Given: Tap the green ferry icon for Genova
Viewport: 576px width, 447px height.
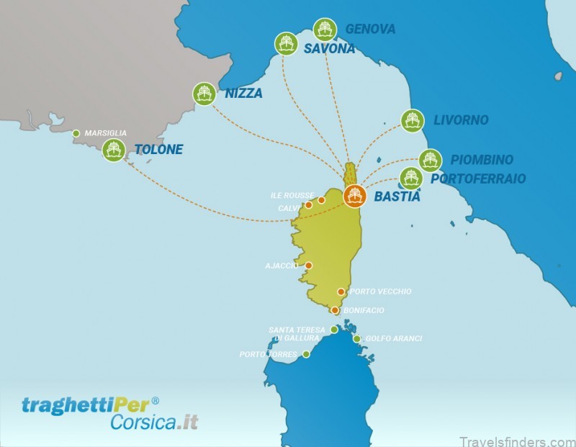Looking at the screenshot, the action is pos(325,30).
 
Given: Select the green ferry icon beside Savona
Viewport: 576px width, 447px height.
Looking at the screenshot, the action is pos(286,43).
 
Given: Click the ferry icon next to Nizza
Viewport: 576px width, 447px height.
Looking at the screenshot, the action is pos(204,94).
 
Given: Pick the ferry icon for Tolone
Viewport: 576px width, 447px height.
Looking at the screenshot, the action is pos(113,150).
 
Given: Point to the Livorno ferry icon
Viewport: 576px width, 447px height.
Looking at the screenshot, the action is pos(412,120).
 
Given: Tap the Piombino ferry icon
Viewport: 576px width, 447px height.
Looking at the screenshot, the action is pos(430,160).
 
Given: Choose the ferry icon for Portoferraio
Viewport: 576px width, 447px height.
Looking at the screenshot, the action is pos(410,178).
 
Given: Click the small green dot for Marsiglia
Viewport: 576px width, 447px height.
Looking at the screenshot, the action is pos(76,133).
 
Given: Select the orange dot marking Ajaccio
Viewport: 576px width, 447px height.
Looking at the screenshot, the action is pos(308,266).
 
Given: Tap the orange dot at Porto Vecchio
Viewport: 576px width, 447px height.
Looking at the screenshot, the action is pos(341,292).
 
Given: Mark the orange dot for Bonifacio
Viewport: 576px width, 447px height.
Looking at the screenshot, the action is pos(335,310).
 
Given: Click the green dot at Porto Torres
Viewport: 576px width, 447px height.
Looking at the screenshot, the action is pos(306,354).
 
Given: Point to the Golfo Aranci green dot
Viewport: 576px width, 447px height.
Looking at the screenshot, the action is pos(356,338).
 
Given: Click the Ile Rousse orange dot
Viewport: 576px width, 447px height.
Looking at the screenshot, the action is pos(321,200).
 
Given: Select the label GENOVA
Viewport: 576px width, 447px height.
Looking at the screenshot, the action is pos(370,30).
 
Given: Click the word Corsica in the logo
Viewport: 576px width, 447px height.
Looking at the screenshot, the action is pos(141,423).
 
